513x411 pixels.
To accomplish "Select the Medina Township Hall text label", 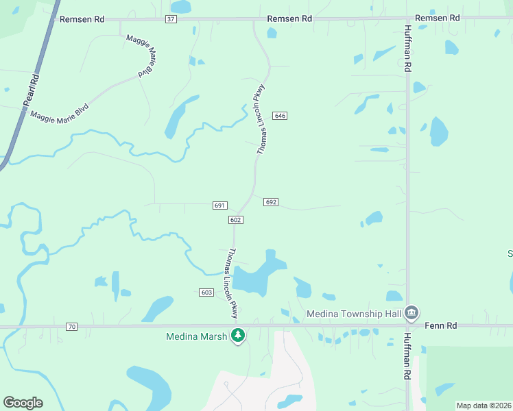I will [x=353, y=315].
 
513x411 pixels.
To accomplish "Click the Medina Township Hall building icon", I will [x=411, y=313].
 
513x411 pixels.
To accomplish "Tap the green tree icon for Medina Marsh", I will [x=238, y=336].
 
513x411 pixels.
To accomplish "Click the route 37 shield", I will [x=171, y=19].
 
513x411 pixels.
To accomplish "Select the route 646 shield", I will [x=279, y=116].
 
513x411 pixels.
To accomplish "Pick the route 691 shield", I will [x=219, y=206].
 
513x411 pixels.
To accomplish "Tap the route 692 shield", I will [x=270, y=202].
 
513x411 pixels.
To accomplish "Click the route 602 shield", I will [x=235, y=219].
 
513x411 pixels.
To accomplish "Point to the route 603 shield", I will [x=206, y=292].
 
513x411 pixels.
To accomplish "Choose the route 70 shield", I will [x=72, y=327].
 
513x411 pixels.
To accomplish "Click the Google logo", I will [x=23, y=403].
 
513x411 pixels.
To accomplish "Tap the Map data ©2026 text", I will [x=484, y=406].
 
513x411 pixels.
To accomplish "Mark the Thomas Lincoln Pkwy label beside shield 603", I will [x=232, y=282].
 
